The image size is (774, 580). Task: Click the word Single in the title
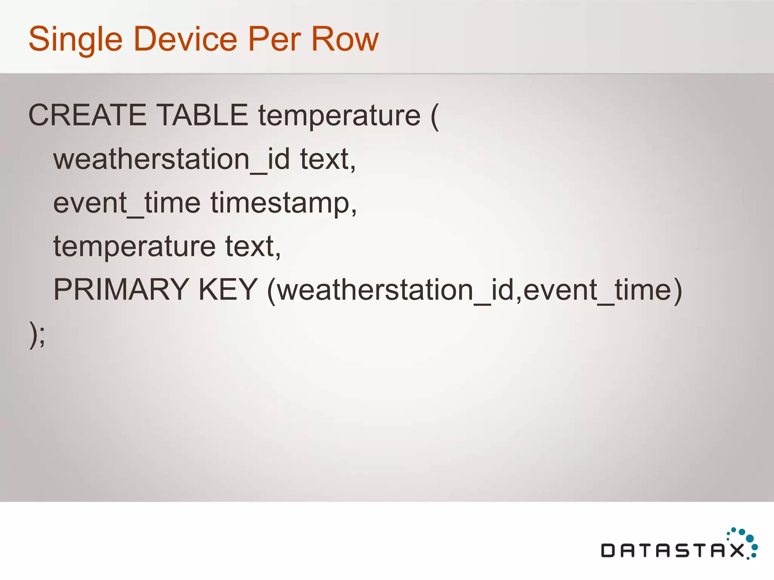point(76,40)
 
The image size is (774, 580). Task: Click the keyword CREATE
point(87,115)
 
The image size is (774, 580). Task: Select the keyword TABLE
point(202,115)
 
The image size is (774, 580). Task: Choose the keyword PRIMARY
point(121,290)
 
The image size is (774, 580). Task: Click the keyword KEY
point(228,290)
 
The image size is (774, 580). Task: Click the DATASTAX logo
point(678,546)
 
